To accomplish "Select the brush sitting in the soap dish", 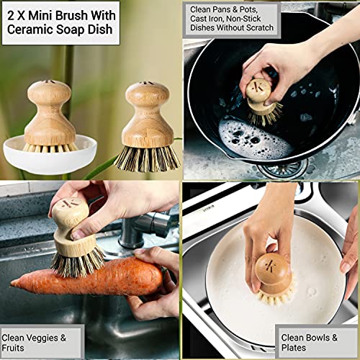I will coord(50,119).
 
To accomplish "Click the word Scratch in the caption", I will coord(260,28).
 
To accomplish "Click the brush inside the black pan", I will coord(263,101).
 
